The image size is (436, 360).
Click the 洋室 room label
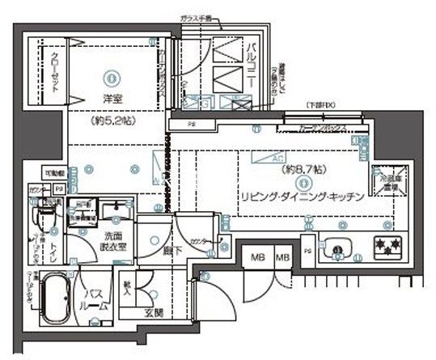coord(112,100)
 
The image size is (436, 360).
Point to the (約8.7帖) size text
coord(303,171)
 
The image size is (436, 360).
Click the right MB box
coord(281,258)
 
